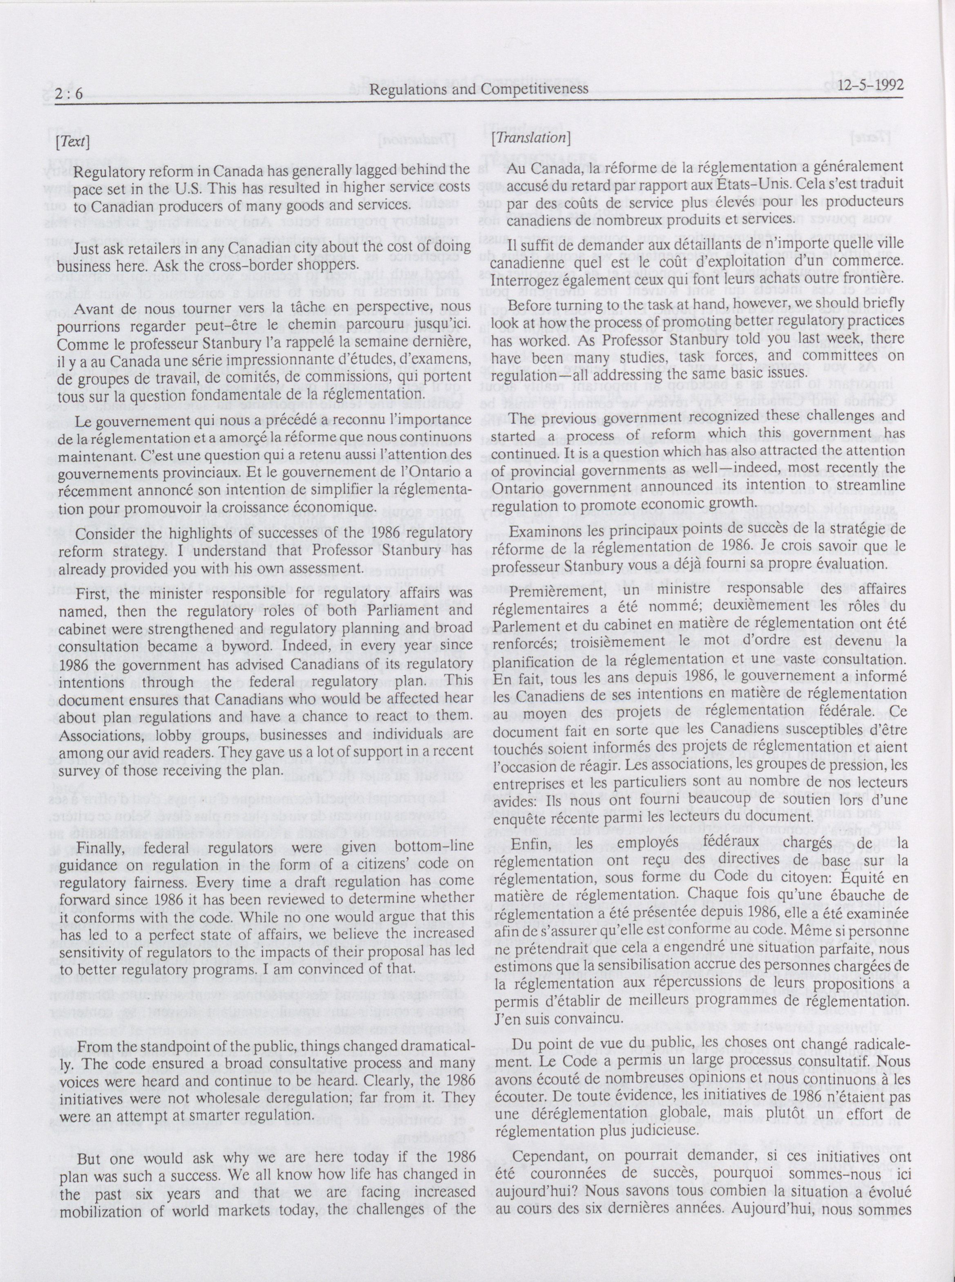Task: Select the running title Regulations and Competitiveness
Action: (479, 89)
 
